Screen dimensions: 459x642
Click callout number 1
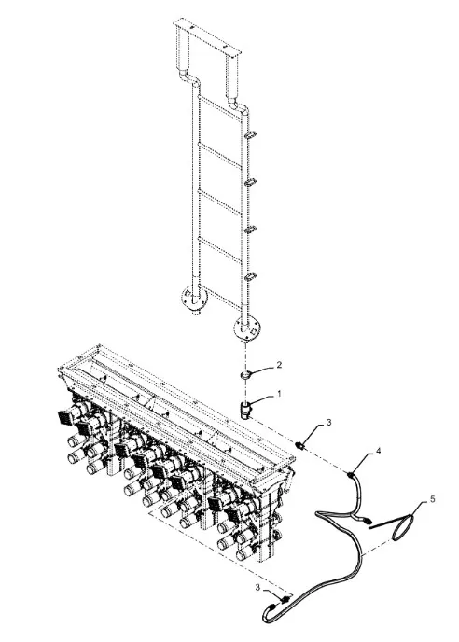click(279, 394)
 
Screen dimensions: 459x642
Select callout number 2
click(279, 365)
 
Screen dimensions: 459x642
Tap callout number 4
click(379, 451)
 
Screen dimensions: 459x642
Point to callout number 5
click(432, 499)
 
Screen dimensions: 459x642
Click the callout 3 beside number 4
click(328, 422)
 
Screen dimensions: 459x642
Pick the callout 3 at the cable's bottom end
click(257, 588)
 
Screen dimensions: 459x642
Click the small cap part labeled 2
click(244, 374)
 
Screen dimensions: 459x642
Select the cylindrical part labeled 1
click(245, 411)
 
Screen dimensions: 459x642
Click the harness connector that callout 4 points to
click(351, 475)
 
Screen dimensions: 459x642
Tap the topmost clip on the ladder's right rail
click(250, 134)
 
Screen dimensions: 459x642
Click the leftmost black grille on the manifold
click(65, 417)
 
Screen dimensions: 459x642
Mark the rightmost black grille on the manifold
click(232, 515)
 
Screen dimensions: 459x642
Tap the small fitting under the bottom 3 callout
click(284, 600)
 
